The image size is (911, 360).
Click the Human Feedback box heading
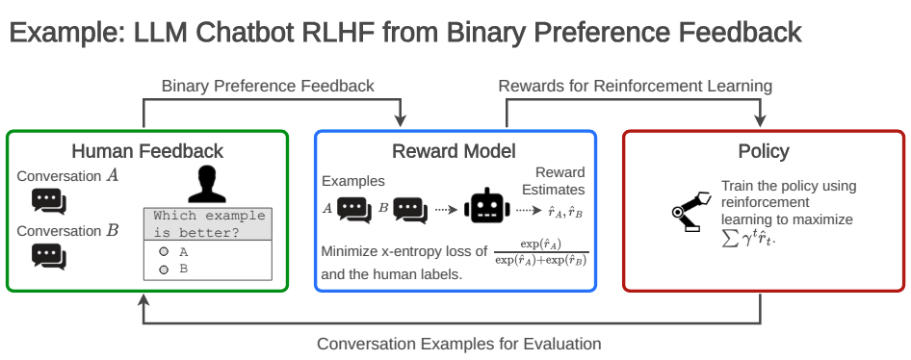[147, 151]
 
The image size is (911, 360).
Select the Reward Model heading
[454, 151]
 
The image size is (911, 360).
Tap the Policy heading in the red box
[764, 151]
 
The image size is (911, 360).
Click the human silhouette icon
[207, 184]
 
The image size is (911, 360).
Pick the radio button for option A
[164, 252]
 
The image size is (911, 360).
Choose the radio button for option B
[164, 270]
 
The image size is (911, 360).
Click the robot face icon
[487, 205]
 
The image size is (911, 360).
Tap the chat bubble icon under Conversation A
[49, 202]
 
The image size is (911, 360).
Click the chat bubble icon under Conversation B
[49, 257]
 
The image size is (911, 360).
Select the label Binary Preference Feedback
[268, 86]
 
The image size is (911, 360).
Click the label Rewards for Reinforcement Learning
[636, 86]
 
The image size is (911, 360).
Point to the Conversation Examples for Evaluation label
[459, 344]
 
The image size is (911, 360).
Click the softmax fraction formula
[541, 252]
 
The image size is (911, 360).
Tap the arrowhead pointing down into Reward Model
[401, 120]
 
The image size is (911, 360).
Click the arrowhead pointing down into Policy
[760, 120]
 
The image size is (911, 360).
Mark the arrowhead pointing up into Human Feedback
[144, 300]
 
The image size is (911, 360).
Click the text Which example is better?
[209, 224]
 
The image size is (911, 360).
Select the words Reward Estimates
[553, 181]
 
